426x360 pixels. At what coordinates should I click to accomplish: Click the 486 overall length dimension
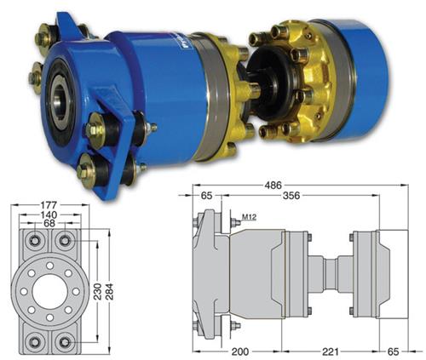coord(273,186)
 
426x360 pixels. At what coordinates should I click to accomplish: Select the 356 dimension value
coord(291,196)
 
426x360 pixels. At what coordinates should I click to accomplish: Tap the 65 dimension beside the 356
coord(206,196)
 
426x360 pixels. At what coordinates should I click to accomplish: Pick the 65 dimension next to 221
coord(393,351)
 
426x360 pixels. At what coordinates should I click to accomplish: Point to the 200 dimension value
coord(240,351)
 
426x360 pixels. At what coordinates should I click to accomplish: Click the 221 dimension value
coord(331,351)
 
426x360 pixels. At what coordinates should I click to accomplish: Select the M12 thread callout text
coord(249,217)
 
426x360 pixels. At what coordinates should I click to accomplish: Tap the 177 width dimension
coord(49,204)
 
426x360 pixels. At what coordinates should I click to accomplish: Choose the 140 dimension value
coord(49,214)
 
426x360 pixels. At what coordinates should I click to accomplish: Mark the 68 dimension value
coord(49,223)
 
